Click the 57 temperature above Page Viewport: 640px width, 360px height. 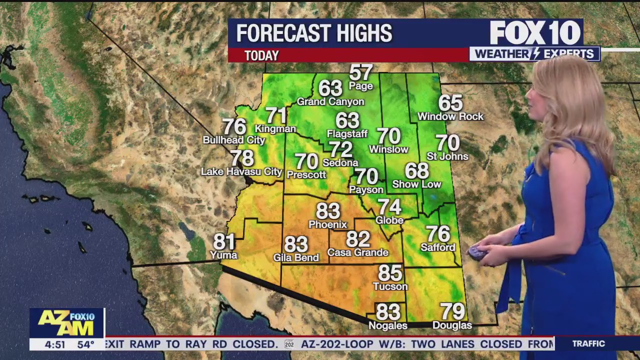[361, 73]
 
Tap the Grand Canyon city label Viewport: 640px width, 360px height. [330, 102]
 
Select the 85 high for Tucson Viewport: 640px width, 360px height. [390, 273]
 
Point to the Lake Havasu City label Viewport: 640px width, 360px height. [241, 172]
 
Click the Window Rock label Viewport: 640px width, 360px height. [450, 116]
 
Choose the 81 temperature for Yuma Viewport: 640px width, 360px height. [224, 242]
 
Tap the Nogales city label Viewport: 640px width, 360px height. [387, 325]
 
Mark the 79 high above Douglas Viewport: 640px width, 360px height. [452, 311]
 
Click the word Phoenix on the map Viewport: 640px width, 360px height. [327, 224]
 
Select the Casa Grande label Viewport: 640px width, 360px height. [358, 252]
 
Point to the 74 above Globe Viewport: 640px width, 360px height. [389, 207]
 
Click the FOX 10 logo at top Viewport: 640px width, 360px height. [535, 33]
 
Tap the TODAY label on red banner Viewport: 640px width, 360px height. [261, 55]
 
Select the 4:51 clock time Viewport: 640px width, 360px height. [55, 344]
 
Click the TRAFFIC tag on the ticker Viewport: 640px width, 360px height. [588, 343]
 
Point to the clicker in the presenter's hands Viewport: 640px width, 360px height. [476, 252]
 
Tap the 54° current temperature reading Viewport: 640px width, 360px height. [85, 344]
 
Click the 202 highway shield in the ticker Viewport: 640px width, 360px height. [289, 344]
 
